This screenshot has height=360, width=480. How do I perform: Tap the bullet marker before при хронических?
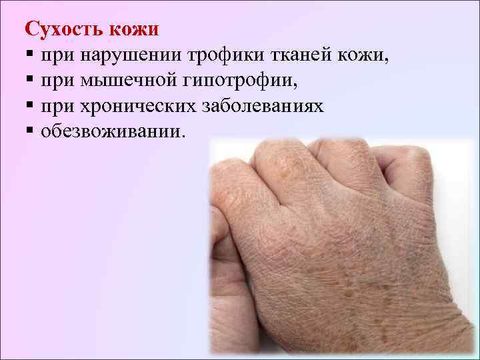pyautogui.click(x=29, y=107)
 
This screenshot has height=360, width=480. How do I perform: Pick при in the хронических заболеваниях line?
pyautogui.click(x=57, y=107)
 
